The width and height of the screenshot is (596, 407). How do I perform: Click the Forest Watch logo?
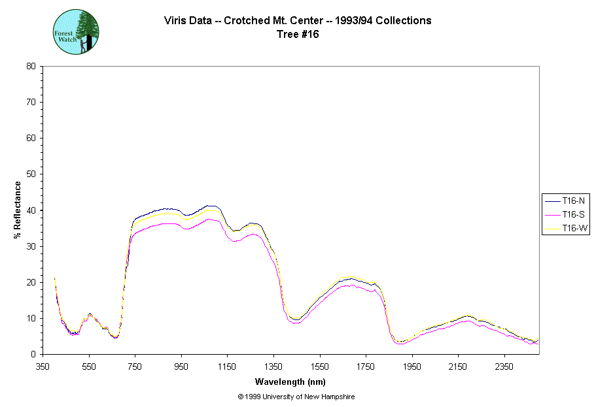[x=75, y=31]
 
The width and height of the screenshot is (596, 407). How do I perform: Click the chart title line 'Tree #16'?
[x=298, y=35]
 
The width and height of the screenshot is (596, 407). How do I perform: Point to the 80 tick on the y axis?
[x=31, y=66]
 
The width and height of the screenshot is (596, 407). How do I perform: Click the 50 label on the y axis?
[x=31, y=174]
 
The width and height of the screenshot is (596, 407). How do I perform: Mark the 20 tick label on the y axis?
[x=31, y=282]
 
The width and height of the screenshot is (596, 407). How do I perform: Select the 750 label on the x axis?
[x=135, y=367]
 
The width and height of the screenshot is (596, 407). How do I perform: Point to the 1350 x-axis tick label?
[x=273, y=367]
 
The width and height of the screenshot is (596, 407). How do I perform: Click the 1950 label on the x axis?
[x=412, y=367]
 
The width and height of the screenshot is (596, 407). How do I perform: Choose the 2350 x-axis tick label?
[x=504, y=367]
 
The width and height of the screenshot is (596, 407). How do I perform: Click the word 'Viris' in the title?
[x=175, y=21]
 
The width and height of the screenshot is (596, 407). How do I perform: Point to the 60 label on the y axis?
[x=31, y=138]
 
